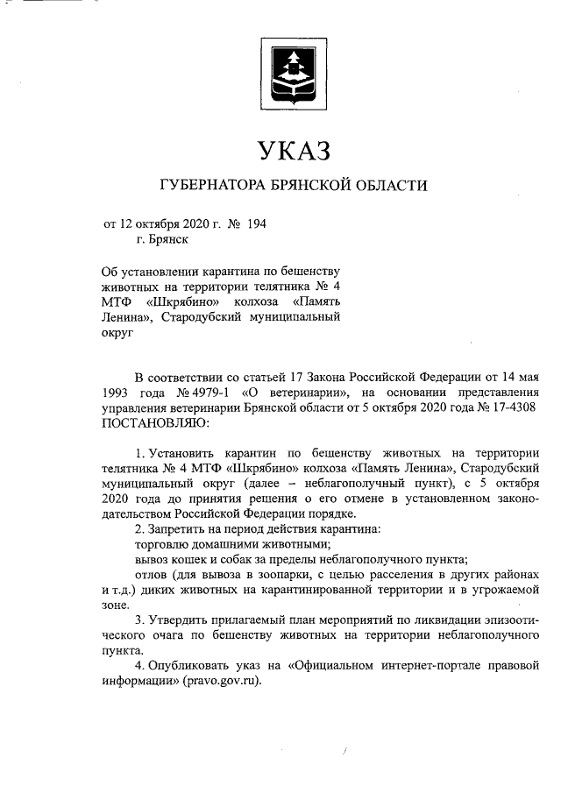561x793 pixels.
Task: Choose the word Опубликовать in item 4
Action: click(x=193, y=666)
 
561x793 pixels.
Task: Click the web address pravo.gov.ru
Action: click(x=220, y=682)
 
